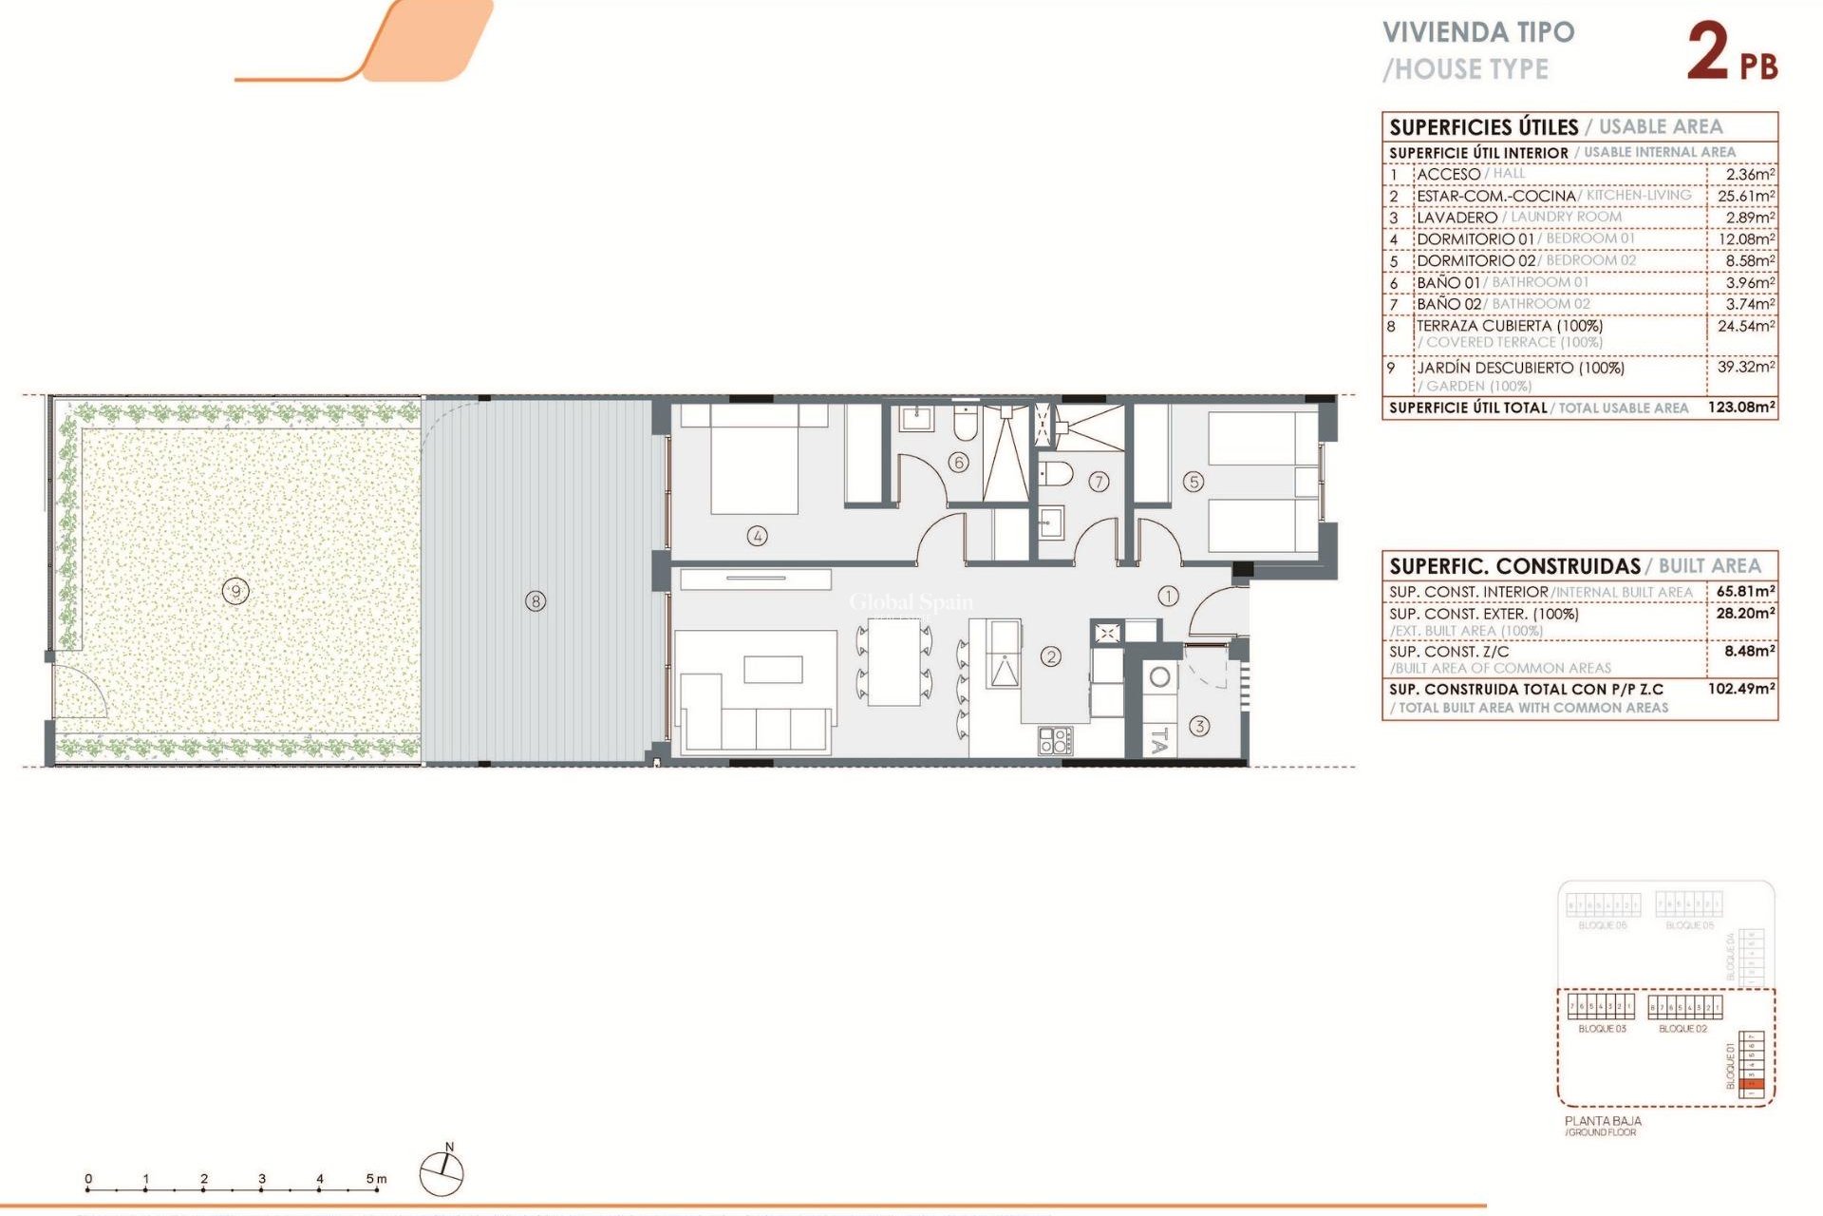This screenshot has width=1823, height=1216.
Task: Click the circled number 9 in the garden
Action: (235, 592)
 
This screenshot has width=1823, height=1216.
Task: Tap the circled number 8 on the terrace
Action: (536, 601)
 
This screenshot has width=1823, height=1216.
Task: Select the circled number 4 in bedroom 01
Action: (757, 536)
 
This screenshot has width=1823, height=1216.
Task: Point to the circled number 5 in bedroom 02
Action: (1193, 483)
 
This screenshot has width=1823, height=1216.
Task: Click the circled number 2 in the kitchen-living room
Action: (1050, 656)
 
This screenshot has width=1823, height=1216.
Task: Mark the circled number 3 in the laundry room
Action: (1199, 727)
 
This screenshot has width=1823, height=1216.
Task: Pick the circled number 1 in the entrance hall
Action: (1168, 596)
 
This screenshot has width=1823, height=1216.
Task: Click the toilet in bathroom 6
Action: (965, 425)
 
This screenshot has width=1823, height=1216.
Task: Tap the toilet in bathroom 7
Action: (1057, 473)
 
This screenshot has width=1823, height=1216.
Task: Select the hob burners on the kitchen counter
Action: (1054, 741)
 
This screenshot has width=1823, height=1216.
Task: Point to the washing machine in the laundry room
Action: (1159, 677)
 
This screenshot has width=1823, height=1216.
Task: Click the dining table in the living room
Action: (893, 661)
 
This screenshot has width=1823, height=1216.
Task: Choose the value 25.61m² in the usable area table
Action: (1745, 196)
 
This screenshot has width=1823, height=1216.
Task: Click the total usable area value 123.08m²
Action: (1741, 408)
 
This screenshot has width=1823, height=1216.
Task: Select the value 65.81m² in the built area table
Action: (1745, 591)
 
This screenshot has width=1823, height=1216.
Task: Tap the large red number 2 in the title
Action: (1708, 51)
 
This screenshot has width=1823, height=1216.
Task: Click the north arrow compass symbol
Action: (442, 1172)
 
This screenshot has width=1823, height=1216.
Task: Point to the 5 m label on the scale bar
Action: (376, 1179)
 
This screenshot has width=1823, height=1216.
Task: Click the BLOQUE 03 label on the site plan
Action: (1602, 1029)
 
